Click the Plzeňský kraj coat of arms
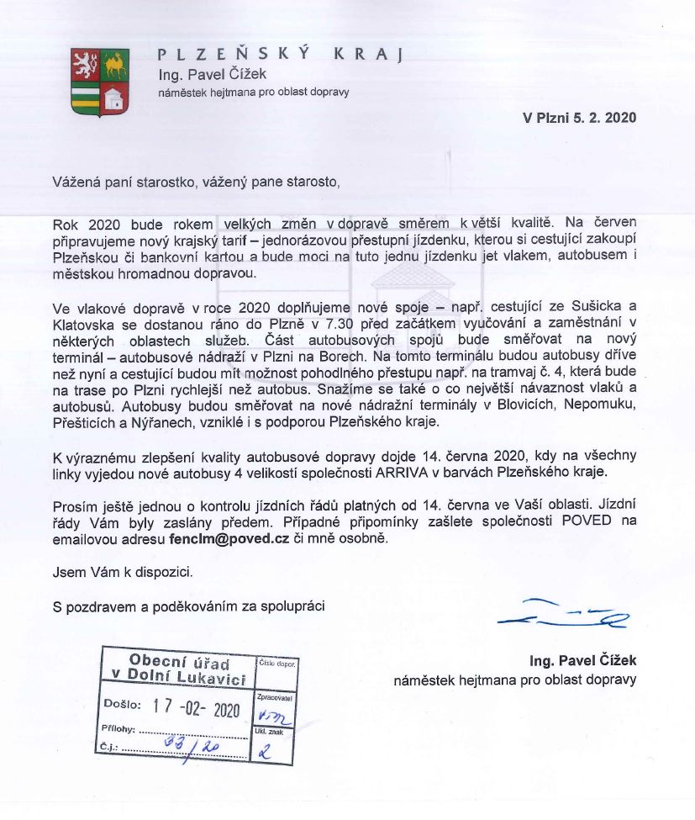[100, 81]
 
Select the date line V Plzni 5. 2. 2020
[580, 118]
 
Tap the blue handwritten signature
[563, 615]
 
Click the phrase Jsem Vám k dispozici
[123, 572]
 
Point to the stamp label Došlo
[119, 704]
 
